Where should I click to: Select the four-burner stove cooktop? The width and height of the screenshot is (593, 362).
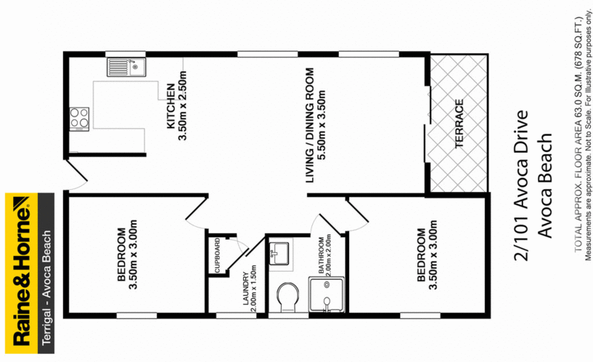79,116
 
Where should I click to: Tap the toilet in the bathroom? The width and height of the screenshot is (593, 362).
285,297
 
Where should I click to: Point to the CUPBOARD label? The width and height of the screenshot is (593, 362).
219,256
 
